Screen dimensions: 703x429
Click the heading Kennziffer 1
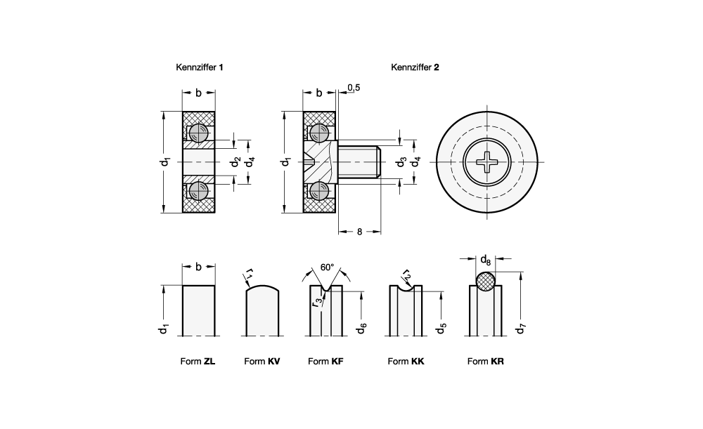(x=199, y=67)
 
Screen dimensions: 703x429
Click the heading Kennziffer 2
(x=415, y=67)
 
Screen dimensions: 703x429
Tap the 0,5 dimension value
(x=354, y=88)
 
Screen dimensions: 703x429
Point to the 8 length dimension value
(x=359, y=232)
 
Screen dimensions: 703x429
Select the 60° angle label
(x=328, y=268)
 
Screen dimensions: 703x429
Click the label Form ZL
(x=198, y=362)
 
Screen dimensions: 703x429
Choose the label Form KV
(x=262, y=362)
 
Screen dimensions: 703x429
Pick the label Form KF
(x=325, y=362)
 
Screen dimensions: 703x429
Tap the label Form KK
(x=406, y=362)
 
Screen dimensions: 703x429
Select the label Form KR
(x=486, y=362)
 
